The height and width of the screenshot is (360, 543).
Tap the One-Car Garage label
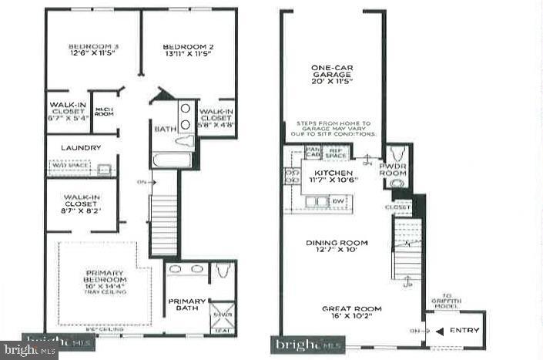tap(331, 72)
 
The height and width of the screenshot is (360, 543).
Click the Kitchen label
tap(333, 173)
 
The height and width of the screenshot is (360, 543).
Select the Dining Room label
tap(337, 242)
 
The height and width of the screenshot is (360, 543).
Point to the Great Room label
tap(351, 309)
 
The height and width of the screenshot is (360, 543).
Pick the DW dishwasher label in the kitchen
tap(339, 201)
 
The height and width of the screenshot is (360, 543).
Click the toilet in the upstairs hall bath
tap(186, 141)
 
